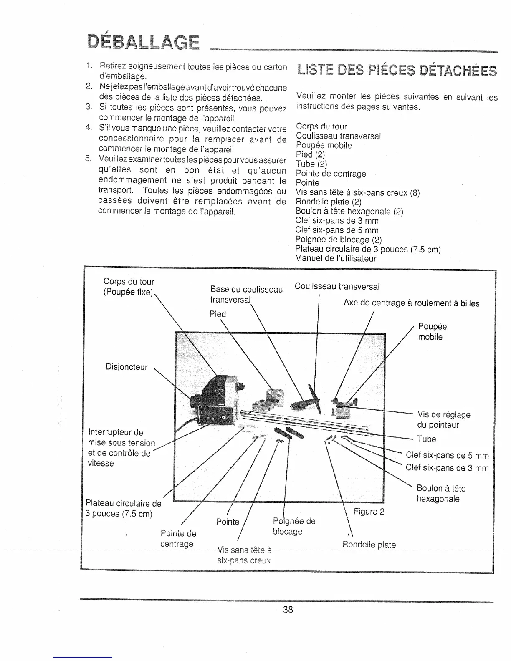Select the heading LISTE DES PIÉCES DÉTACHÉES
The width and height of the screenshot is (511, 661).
[397, 71]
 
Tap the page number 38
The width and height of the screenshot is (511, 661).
[288, 610]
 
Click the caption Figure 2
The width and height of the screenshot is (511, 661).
[369, 512]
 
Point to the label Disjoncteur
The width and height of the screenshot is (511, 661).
[126, 367]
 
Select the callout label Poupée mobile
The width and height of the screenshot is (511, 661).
[432, 332]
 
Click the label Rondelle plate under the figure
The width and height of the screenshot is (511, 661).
[369, 545]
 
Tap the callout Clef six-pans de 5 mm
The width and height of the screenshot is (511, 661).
[447, 455]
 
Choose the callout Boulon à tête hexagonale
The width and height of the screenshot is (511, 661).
[441, 494]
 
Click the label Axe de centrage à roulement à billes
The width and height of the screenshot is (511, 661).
[411, 303]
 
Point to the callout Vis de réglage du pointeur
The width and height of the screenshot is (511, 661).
[444, 420]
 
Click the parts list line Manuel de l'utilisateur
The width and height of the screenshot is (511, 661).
[336, 258]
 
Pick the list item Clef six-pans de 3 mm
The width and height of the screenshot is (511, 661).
[337, 220]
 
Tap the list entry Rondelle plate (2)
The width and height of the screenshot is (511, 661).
[328, 202]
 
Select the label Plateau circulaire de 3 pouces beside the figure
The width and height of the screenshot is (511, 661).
[123, 508]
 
